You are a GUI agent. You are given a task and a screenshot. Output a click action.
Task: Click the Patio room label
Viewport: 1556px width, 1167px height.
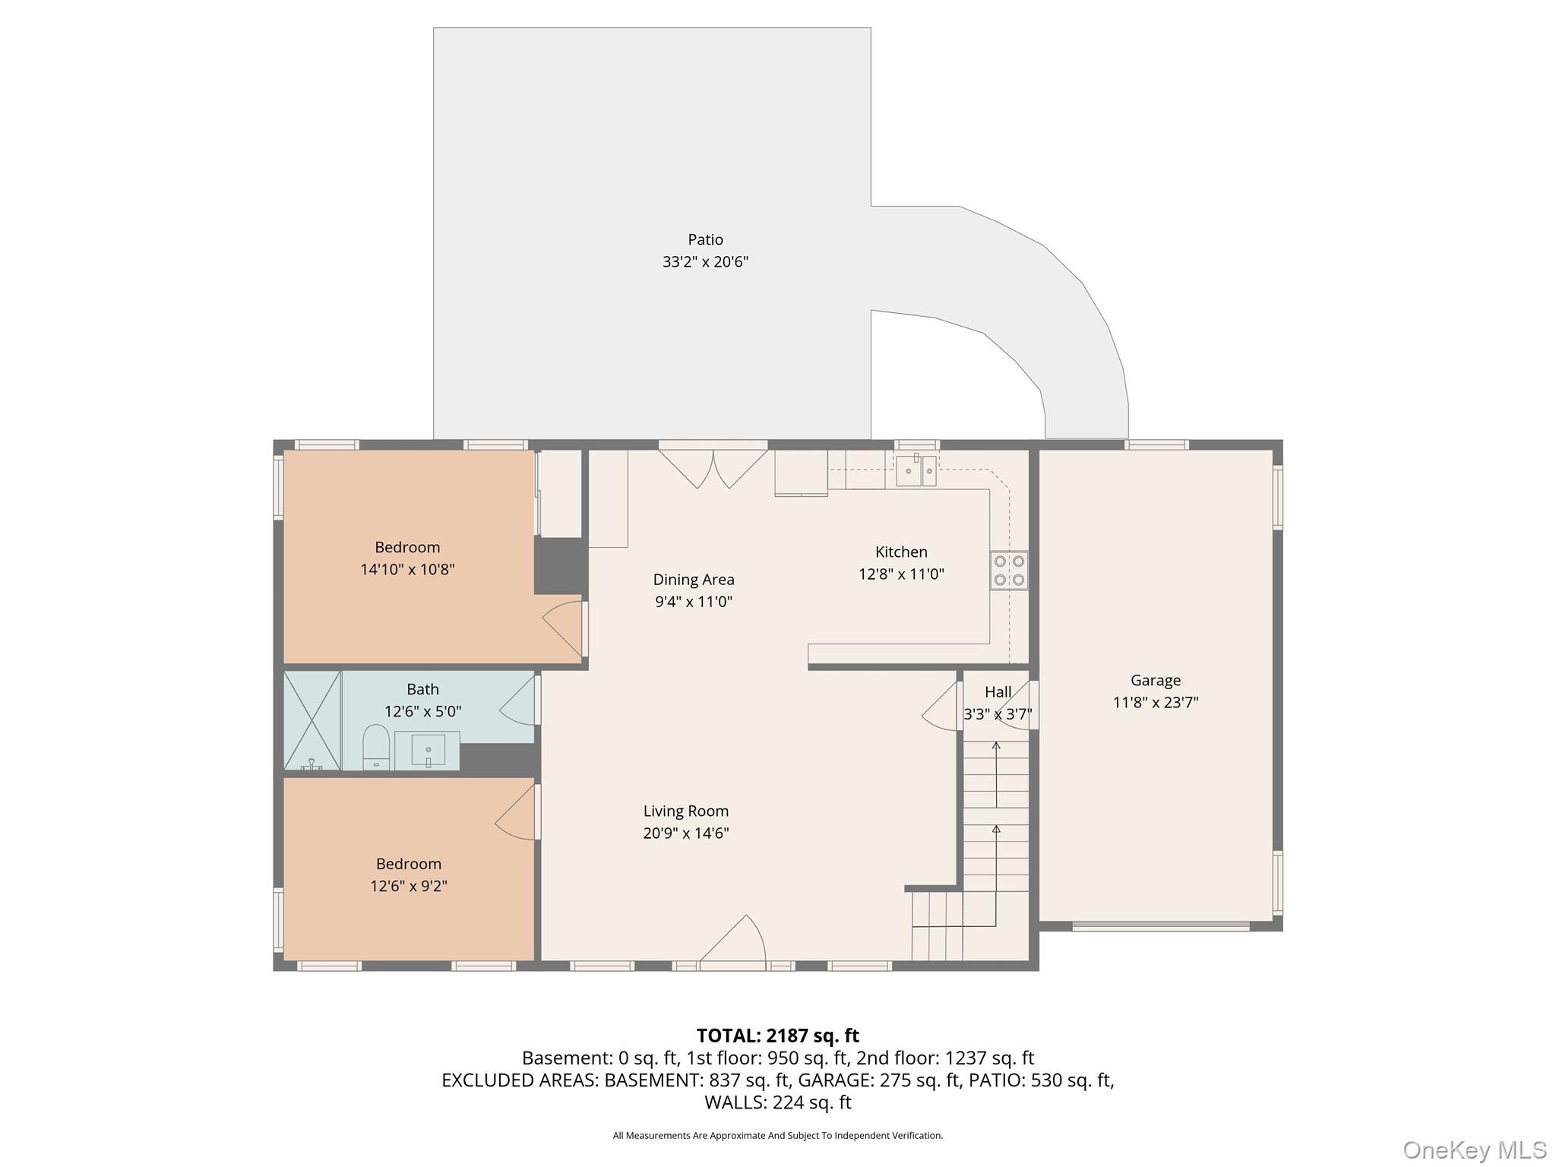(705, 240)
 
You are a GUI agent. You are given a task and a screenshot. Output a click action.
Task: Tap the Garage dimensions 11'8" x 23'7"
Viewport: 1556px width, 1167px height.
(1156, 703)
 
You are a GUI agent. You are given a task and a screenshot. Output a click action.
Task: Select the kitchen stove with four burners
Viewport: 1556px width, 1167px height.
(1009, 571)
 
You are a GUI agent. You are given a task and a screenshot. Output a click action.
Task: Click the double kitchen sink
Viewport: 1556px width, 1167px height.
(916, 471)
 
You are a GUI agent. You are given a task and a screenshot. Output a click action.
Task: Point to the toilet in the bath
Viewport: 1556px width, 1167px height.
(376, 747)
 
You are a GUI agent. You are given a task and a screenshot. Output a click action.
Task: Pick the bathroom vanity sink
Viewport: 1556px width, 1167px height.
(428, 751)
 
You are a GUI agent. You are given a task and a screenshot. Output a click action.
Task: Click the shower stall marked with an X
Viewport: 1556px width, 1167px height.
(312, 720)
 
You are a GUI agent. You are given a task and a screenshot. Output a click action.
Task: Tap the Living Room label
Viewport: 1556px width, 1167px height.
(686, 811)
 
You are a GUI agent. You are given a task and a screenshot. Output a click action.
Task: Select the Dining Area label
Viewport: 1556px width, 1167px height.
(694, 580)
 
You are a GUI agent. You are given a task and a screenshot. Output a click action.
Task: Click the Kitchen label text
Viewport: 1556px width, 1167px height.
(901, 552)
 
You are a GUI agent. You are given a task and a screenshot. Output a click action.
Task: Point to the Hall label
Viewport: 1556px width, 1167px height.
(998, 692)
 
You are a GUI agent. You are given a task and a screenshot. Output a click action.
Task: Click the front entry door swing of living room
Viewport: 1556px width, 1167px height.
(732, 942)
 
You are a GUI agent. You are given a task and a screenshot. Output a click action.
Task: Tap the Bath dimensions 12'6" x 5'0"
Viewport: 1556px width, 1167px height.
(423, 712)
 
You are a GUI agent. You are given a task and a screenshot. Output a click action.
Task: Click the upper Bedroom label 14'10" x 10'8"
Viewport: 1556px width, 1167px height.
(407, 558)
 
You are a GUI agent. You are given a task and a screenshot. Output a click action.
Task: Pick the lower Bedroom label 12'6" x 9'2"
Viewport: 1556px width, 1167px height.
(409, 875)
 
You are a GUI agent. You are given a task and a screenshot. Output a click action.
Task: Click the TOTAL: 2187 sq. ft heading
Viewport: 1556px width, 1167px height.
(778, 1036)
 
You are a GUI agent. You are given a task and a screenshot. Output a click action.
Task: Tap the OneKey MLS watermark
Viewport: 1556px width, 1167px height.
(1475, 1150)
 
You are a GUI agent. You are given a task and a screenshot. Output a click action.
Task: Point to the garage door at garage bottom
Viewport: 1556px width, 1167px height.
(1161, 926)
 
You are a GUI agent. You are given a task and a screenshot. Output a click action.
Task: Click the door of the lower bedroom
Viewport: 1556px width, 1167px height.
(517, 811)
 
